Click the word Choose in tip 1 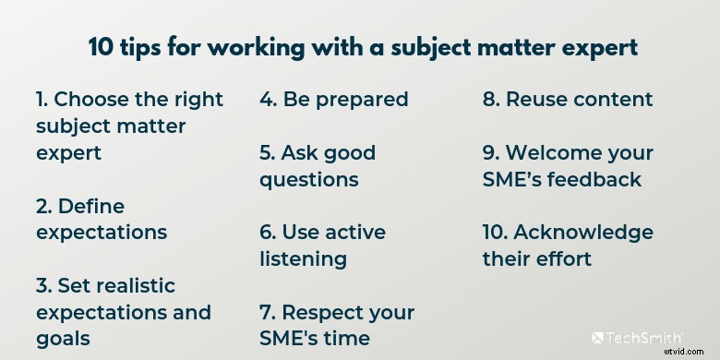click(97, 99)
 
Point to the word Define click(91, 205)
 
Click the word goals click(63, 339)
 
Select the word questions click(308, 179)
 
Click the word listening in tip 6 click(303, 258)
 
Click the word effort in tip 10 click(564, 258)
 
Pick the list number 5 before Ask click(267, 152)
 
